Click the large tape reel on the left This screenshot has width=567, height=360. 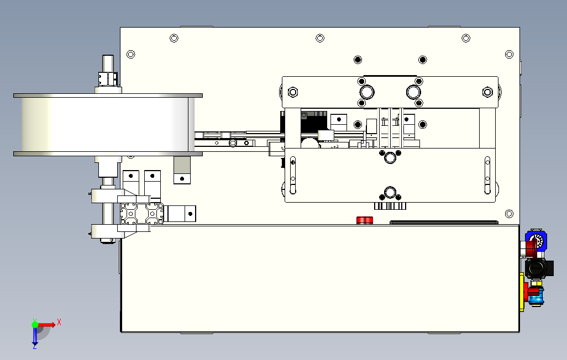105,124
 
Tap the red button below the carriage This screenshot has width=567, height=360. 364,220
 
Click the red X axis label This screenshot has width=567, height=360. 59,321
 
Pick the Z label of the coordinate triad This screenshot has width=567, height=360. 34,347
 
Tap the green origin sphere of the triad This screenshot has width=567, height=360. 35,325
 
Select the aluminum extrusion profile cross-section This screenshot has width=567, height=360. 142,213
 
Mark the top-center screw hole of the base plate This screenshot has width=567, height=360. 320,38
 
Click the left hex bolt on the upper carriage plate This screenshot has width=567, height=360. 293,92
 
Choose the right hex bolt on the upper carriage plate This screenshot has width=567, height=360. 487,92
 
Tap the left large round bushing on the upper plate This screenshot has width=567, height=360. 365,92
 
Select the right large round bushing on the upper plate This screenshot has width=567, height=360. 413,92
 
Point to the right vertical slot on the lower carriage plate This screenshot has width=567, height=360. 487,176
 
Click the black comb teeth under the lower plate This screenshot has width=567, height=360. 390,206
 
